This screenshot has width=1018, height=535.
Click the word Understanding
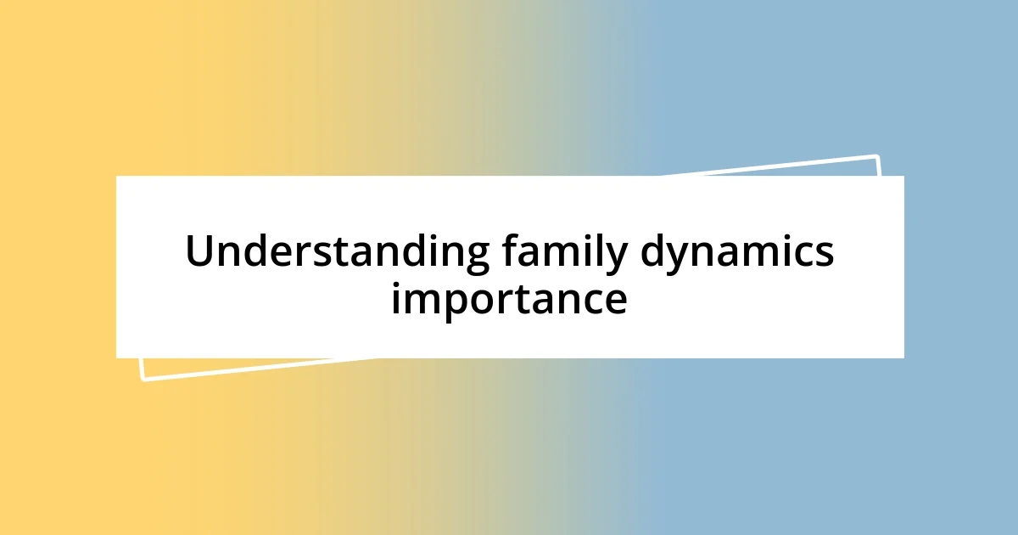338,253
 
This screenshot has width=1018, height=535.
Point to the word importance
509,299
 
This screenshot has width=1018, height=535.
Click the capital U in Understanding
199,251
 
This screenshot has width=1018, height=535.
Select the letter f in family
509,251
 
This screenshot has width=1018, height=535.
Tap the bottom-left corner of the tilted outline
143,379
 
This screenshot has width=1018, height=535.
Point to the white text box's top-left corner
116,176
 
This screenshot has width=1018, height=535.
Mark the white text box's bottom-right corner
903,358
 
